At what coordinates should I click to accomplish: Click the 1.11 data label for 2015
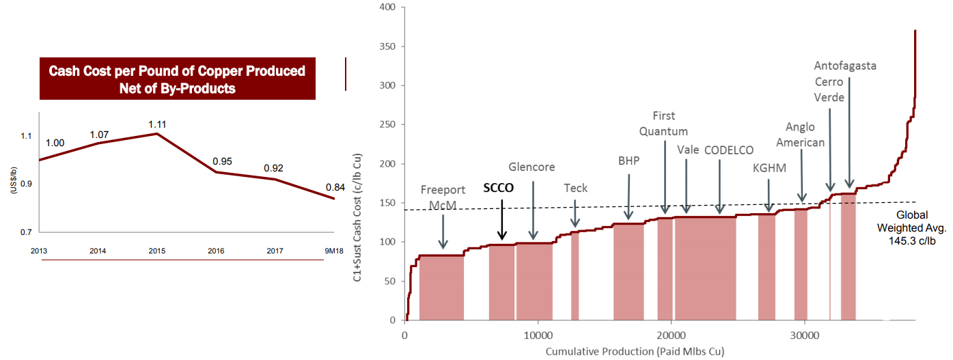point(158,124)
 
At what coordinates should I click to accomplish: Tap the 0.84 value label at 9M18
point(335,187)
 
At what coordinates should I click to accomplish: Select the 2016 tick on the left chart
point(217,251)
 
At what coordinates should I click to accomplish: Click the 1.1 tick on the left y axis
point(25,136)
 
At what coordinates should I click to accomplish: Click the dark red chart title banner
point(177,79)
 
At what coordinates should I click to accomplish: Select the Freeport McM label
point(443,196)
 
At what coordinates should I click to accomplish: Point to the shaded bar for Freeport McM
point(441,287)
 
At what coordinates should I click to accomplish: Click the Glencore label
point(531,167)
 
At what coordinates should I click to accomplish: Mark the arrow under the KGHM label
point(769,195)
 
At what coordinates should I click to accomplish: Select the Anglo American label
point(805,135)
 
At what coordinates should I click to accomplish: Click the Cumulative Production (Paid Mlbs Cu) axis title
point(635,351)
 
